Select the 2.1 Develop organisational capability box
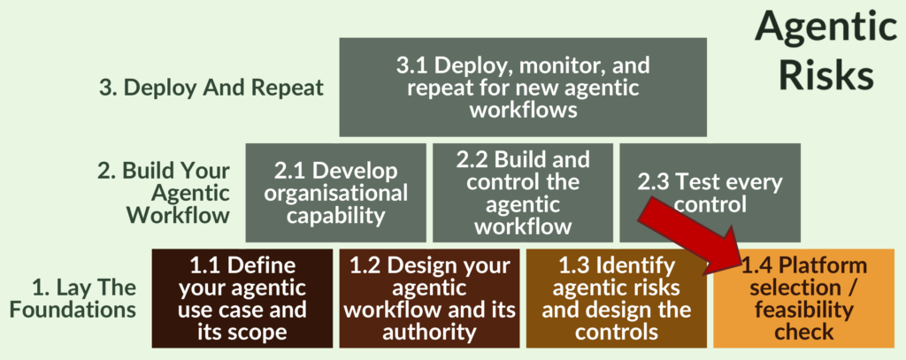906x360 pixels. [x=335, y=193]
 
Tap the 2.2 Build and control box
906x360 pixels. [x=522, y=193]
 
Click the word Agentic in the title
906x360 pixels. [x=825, y=28]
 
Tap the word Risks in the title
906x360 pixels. [x=825, y=75]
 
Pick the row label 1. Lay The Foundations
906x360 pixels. [x=84, y=298]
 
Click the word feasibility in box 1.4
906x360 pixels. [x=803, y=310]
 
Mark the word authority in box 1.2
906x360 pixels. [x=428, y=332]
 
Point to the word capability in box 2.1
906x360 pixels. [x=335, y=215]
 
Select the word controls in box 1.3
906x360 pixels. [x=616, y=332]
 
